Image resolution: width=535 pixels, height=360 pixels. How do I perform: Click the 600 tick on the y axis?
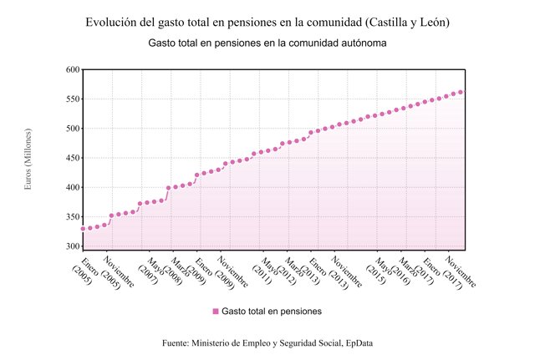[x=71, y=69]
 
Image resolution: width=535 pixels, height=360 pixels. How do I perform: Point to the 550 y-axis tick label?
[x=71, y=99]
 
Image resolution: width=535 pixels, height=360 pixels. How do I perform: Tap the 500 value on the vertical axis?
[x=71, y=129]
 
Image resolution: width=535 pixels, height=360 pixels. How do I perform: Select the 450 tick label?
[x=71, y=158]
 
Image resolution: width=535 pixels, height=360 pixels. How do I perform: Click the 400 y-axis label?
[x=71, y=187]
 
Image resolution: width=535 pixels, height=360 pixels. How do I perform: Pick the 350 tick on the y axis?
[x=71, y=217]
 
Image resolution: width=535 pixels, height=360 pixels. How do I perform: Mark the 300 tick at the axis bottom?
[x=71, y=246]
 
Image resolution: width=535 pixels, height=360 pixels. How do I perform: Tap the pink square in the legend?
[x=216, y=311]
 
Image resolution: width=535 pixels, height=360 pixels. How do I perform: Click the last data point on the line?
[x=461, y=92]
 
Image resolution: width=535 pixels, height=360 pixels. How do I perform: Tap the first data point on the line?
[x=83, y=228]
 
